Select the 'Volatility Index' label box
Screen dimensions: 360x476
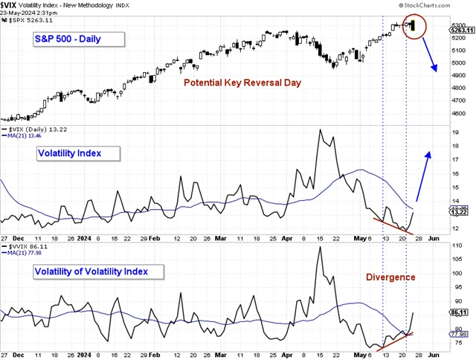tap(80, 154)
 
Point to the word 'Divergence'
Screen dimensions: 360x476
tap(390, 277)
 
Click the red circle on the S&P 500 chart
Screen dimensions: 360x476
tap(413, 26)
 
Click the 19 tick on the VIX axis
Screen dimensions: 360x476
tap(456, 132)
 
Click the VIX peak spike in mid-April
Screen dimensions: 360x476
tap(320, 130)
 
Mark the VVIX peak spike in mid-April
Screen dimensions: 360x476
tap(320, 247)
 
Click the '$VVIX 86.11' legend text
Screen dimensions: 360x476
tap(26, 245)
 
